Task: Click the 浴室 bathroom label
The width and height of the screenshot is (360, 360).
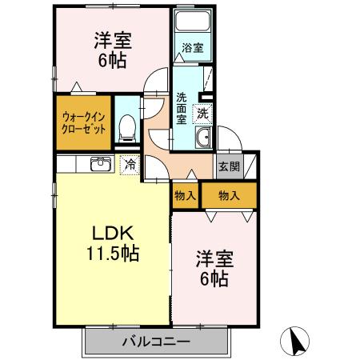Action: (x=192, y=48)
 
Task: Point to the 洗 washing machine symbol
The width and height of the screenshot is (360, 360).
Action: (x=203, y=113)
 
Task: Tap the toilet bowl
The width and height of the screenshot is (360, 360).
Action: (x=126, y=126)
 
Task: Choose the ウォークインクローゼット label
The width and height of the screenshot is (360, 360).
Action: (x=82, y=122)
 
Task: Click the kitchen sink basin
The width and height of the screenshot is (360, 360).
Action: (x=101, y=165)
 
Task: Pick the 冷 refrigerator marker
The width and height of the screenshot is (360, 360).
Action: (x=129, y=166)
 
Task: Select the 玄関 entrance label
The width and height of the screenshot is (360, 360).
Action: (x=228, y=167)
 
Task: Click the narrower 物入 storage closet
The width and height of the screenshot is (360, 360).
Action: (x=185, y=195)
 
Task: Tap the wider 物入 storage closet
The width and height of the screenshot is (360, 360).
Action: (x=228, y=195)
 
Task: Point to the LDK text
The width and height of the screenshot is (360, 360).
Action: (x=113, y=234)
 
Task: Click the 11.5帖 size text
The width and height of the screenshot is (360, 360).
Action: (x=113, y=255)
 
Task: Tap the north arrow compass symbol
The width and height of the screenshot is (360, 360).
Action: (x=298, y=342)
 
